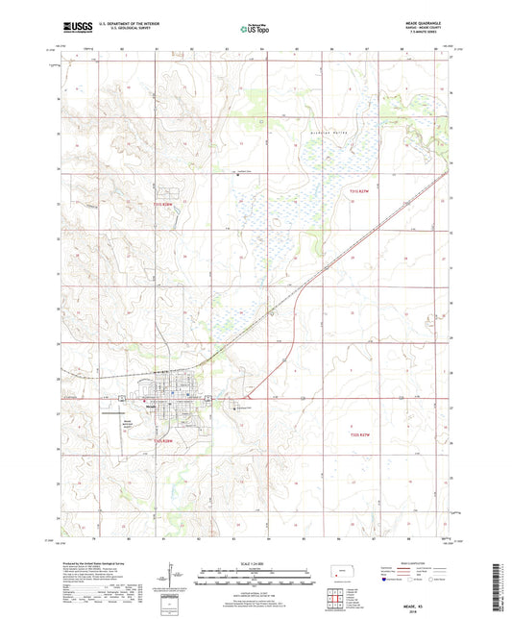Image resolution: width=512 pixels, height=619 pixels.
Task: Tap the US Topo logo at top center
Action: pos(255,30)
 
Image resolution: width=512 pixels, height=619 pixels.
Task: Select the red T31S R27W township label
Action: pos(359,193)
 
